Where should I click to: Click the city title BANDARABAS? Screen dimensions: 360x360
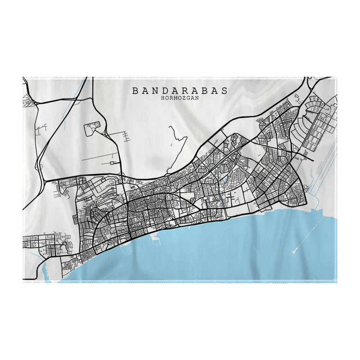pyautogui.click(x=180, y=90)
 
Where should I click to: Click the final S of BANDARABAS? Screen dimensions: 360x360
pyautogui.click(x=225, y=90)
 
